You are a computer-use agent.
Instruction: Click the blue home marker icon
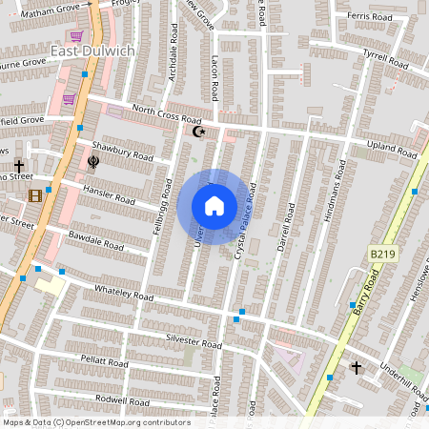[x=214, y=206]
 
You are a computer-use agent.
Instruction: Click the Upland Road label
[x=393, y=147]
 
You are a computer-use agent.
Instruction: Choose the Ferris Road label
[x=370, y=17]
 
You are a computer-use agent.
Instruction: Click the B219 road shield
[x=382, y=254]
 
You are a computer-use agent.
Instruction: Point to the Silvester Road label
[x=193, y=341]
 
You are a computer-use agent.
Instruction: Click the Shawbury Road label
[x=123, y=151]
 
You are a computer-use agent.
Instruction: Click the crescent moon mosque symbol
[x=198, y=132]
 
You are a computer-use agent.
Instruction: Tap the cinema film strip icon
[x=35, y=196]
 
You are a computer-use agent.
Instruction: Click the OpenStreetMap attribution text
[x=96, y=422]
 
